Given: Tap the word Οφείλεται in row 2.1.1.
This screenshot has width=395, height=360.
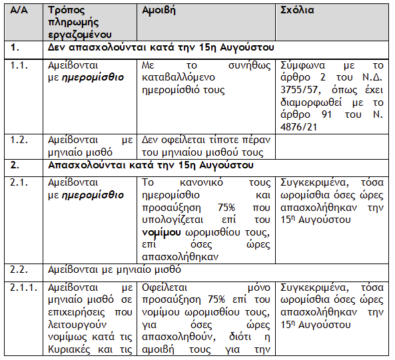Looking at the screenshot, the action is click(164, 288).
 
